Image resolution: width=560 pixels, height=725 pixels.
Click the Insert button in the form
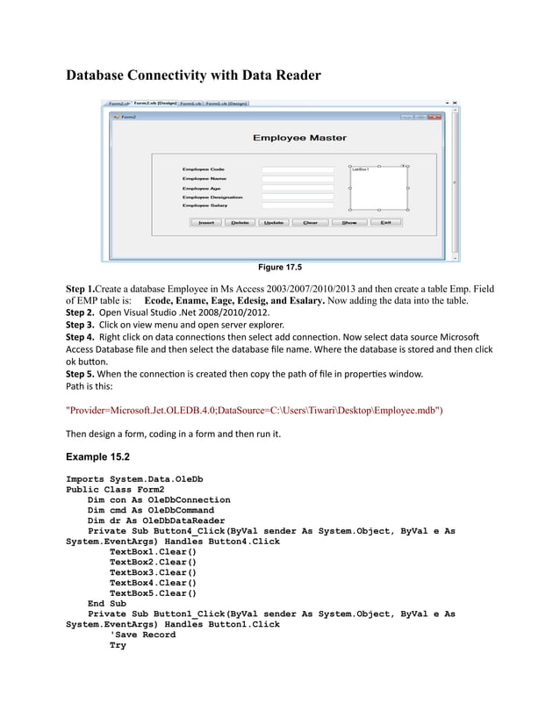[206, 223]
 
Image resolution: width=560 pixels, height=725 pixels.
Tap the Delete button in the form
[240, 223]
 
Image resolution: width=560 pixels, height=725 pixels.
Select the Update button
[274, 223]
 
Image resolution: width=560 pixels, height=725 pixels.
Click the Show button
[349, 223]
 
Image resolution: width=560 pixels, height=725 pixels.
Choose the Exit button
[384, 223]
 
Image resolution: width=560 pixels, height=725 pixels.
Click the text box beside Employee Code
[298, 169]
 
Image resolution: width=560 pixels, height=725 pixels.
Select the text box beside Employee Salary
[298, 205]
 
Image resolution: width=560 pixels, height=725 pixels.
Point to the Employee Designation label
[212, 197]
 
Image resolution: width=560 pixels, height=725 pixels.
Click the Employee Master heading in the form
[299, 138]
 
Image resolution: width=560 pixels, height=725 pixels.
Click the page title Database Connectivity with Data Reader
[194, 75]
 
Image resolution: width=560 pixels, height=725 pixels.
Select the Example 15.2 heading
[97, 457]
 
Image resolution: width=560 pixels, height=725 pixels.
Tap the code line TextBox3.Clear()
[153, 572]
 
